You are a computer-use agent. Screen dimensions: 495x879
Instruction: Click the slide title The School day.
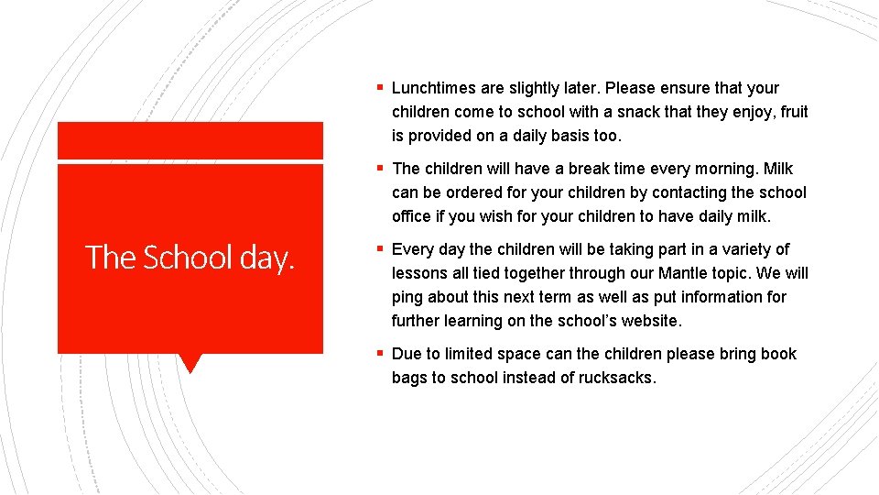coord(190,258)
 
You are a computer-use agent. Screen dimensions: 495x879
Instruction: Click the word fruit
coord(792,112)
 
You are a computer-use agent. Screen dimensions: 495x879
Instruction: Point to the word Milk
coord(777,169)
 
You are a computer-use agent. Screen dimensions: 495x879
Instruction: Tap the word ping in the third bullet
coord(407,298)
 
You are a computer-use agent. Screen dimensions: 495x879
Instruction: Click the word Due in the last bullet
coord(407,354)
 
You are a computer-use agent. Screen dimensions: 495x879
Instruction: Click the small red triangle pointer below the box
coord(190,362)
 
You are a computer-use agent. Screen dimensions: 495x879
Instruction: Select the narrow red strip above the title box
coord(190,140)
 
